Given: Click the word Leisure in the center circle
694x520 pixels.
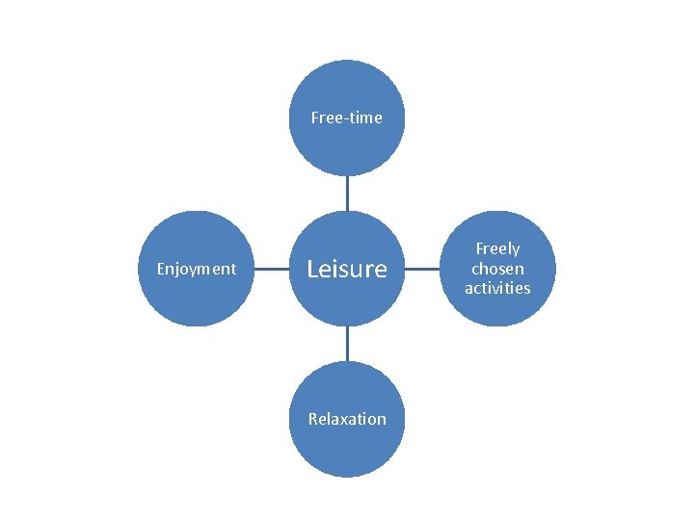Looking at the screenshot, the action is click(346, 269).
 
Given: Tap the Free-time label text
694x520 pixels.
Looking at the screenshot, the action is click(346, 118).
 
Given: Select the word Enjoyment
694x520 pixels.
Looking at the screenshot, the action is click(196, 269).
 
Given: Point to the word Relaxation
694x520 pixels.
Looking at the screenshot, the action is click(346, 419).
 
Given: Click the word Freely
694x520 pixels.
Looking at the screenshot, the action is click(497, 249).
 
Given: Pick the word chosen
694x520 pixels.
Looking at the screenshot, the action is click(497, 269).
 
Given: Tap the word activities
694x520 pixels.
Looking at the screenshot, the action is click(497, 288).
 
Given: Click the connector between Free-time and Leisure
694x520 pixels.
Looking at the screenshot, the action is click(347, 193).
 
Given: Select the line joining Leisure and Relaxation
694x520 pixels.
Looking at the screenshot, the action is click(347, 344).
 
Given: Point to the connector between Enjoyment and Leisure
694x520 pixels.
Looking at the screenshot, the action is click(271, 269).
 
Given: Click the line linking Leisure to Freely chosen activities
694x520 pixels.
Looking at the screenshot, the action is click(422, 269).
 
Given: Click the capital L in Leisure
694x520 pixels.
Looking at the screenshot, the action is click(312, 269).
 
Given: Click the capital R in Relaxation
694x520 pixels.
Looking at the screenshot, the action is click(312, 419).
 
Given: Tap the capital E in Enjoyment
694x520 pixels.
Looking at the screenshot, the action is click(161, 269).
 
